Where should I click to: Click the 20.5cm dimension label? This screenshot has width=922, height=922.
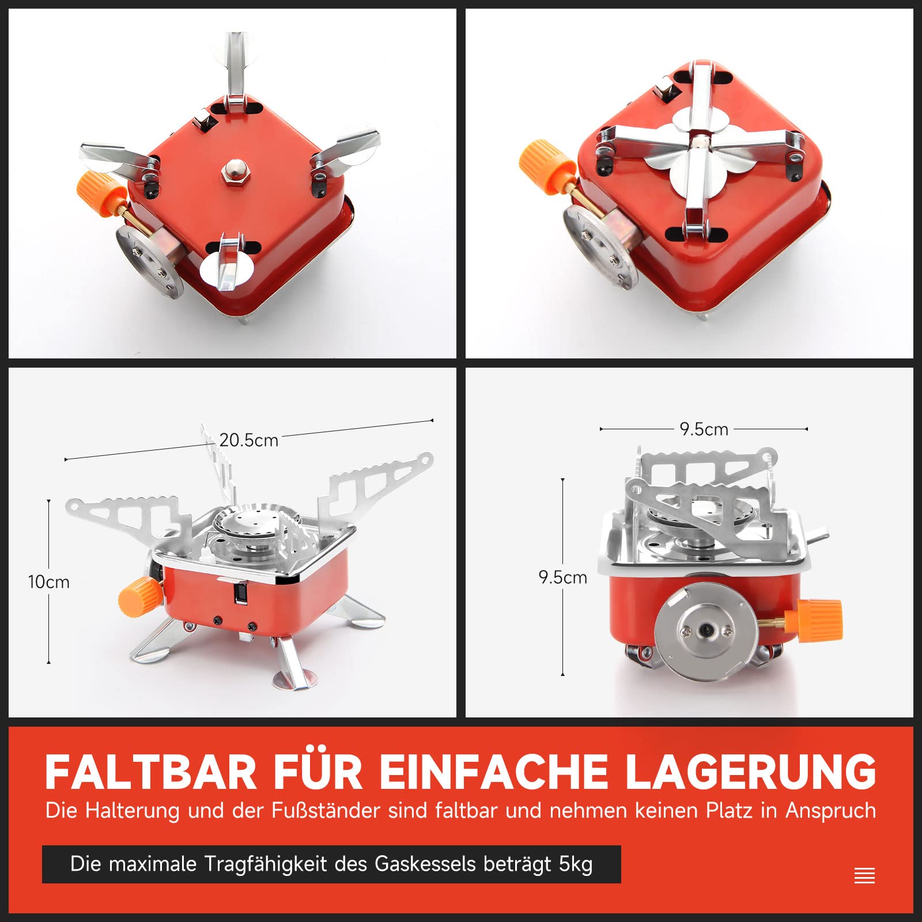coord(249,440)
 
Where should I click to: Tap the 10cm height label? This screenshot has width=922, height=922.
coord(49,582)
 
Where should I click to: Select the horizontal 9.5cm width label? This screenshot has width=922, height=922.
coord(704,429)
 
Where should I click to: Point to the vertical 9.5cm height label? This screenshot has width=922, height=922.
coord(563,577)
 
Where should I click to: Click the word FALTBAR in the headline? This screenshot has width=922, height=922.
coord(151,772)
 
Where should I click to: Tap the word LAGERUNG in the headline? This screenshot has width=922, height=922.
coord(751,772)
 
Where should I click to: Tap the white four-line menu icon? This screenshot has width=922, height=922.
coord(864,875)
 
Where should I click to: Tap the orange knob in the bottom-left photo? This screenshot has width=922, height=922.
coord(139,596)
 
